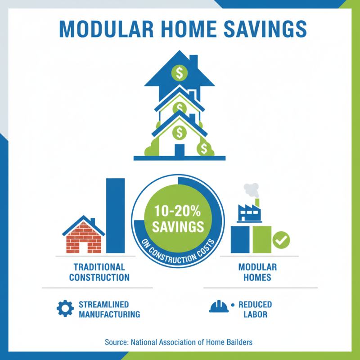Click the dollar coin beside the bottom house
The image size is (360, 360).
pos(204,148)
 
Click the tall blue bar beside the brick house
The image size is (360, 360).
pos(116,216)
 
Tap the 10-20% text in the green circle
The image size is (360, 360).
pos(178,211)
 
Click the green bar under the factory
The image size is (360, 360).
pos(262,239)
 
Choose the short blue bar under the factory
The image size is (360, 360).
pos(240,239)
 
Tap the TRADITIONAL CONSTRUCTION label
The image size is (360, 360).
pos(99,272)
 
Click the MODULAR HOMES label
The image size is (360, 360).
pos(257,272)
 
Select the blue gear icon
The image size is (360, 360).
pos(65,308)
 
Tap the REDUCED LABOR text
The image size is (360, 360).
pos(255,309)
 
